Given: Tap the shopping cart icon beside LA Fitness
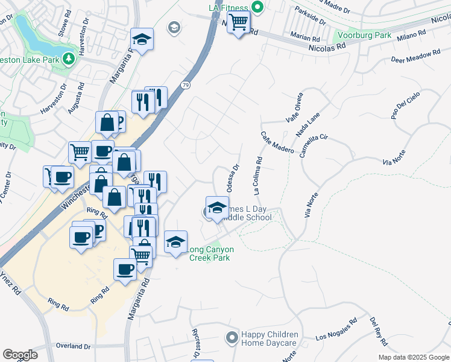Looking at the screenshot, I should click(239, 23).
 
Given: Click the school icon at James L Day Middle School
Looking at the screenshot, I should click(216, 208).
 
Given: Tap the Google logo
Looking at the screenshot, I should click(20, 355).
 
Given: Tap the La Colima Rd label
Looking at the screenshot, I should click(257, 176).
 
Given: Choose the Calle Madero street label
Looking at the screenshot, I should click(277, 142).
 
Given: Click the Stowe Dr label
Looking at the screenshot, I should click(62, 30).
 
